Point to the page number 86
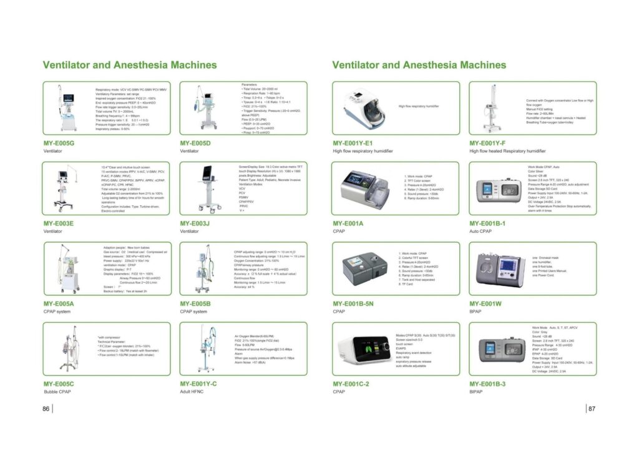click(x=46, y=408)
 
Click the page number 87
click(x=592, y=408)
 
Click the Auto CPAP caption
click(x=482, y=230)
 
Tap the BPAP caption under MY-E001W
click(x=477, y=311)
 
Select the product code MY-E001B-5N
click(x=353, y=303)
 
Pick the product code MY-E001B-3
click(x=487, y=383)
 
